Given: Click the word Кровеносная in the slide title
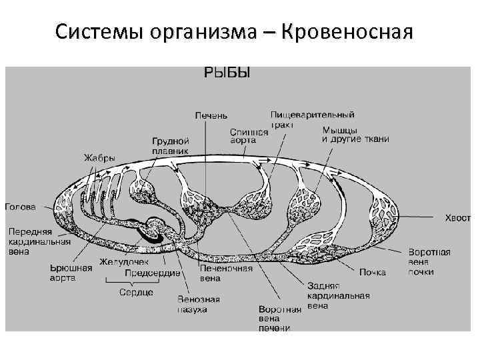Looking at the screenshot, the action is pyautogui.click(x=348, y=31).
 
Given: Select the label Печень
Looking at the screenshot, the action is pyautogui.click(x=211, y=116).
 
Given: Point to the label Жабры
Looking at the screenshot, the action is pyautogui.click(x=99, y=158).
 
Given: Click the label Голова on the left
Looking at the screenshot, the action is pyautogui.click(x=21, y=207).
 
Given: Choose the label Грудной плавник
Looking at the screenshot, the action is pyautogui.click(x=171, y=146).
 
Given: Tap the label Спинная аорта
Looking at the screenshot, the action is pyautogui.click(x=249, y=137).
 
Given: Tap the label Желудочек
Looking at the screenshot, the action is pyautogui.click(x=124, y=262).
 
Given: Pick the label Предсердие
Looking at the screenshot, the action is pyautogui.click(x=153, y=273).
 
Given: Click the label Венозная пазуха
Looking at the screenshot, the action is pyautogui.click(x=199, y=304).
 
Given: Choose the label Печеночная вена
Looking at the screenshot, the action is pyautogui.click(x=226, y=273).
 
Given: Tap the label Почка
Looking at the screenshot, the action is pyautogui.click(x=373, y=272).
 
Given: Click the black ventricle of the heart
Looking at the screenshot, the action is pyautogui.click(x=149, y=233).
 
